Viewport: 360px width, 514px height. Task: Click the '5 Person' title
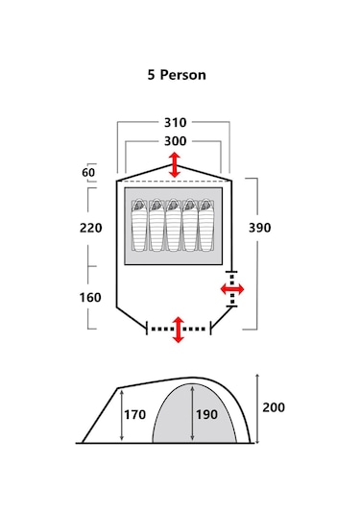(177, 75)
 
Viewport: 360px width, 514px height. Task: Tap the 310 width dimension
(176, 123)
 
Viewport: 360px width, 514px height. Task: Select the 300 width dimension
(176, 141)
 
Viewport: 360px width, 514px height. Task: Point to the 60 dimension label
(88, 172)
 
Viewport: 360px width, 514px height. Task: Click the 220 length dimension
(91, 228)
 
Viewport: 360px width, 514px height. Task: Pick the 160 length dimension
(90, 297)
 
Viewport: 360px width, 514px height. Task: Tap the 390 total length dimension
(260, 228)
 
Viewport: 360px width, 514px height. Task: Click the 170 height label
(134, 415)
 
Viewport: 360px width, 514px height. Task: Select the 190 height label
(206, 415)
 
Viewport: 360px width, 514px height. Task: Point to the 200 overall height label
(274, 407)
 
